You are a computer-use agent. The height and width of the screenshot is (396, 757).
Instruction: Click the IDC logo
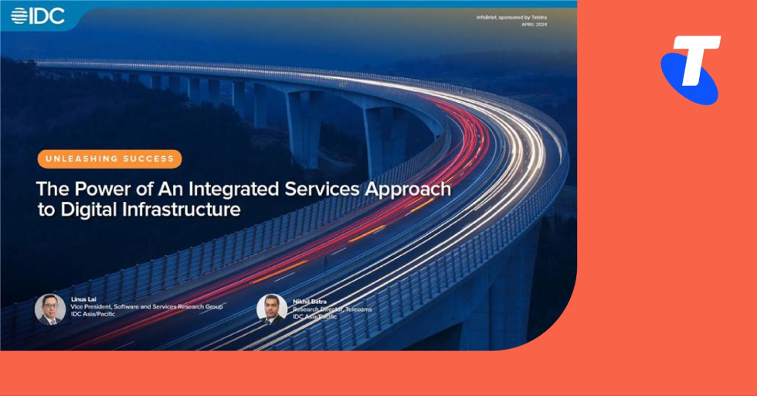[x=38, y=15]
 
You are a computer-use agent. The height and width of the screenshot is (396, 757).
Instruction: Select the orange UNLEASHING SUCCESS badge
[x=110, y=159]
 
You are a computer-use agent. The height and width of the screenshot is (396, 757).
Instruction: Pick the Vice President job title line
[x=147, y=308]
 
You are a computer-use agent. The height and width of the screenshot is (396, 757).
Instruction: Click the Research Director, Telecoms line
[x=332, y=309]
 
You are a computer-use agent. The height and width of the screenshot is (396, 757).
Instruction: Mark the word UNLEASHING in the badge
[x=82, y=159]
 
